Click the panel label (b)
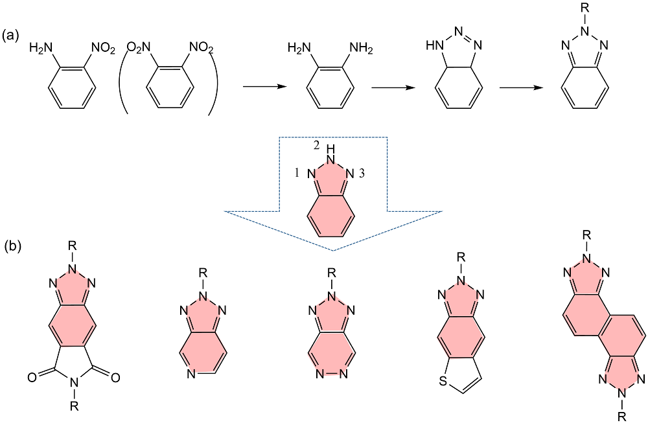point(14,246)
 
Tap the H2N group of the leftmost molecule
point(40,47)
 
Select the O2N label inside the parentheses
point(137,47)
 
